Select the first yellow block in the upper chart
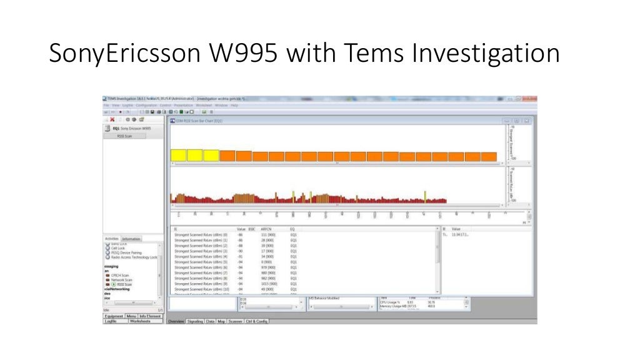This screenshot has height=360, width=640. click(x=178, y=156)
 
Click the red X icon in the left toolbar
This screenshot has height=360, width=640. click(x=111, y=119)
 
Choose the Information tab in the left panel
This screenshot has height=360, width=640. click(x=131, y=239)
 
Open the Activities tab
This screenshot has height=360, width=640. click(x=111, y=239)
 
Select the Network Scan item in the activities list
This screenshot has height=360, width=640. click(x=124, y=279)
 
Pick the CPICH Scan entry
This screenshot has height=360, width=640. click(x=121, y=274)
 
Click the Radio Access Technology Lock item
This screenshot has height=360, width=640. click(x=134, y=257)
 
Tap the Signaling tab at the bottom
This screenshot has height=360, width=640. click(x=195, y=321)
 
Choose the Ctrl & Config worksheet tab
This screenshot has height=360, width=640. click(x=256, y=321)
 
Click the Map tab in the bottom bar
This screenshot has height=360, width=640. click(x=221, y=321)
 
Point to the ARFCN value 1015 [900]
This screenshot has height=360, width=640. click(x=269, y=284)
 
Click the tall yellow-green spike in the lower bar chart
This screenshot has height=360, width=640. click(x=425, y=196)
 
